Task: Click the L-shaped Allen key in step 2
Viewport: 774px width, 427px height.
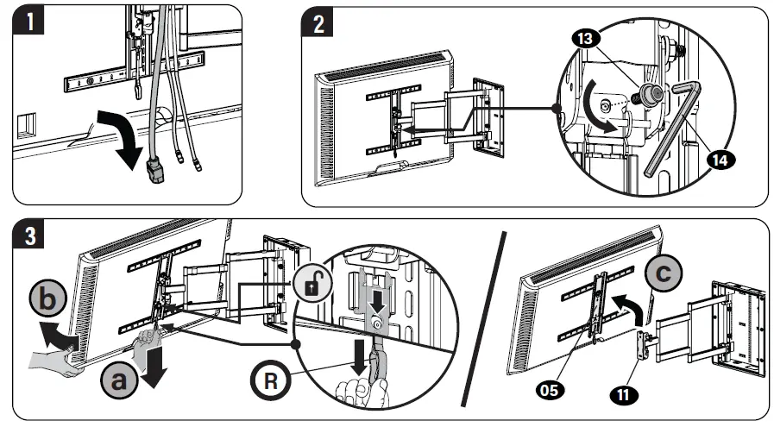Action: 669,129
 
